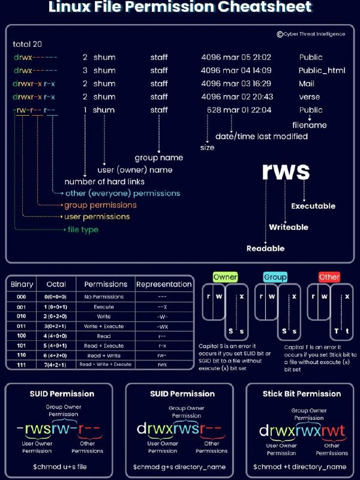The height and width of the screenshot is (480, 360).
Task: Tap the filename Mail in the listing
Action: coord(307,83)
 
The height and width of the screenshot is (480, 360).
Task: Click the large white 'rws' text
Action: coord(286,172)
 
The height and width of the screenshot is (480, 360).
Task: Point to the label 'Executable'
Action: coord(313,206)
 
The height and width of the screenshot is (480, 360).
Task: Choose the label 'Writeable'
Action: coord(289,227)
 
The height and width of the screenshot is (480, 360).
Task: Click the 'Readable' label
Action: coord(265,248)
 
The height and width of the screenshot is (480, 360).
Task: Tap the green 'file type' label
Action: coord(82,229)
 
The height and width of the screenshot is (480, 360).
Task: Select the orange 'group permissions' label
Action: coord(100,205)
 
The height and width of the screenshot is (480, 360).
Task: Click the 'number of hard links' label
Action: coord(106,182)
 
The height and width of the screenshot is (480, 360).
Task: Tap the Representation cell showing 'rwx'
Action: coord(162,364)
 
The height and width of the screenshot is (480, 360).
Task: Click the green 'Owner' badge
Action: coord(225,277)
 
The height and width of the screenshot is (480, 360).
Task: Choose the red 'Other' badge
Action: coord(329,277)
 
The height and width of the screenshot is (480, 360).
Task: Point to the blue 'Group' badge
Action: coord(275,277)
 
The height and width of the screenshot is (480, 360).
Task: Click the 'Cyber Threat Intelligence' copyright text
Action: coord(314,34)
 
